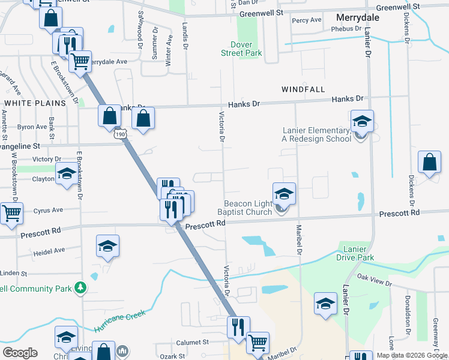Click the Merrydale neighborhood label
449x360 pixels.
(358, 17)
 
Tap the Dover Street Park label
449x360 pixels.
(247, 49)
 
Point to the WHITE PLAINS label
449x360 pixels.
(35, 103)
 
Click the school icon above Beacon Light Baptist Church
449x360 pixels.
(285, 194)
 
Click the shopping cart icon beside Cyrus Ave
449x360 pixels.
(11, 213)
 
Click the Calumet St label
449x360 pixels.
(192, 342)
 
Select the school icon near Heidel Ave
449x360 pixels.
(107, 246)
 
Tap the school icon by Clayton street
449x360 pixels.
(66, 175)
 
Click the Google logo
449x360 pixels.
(20, 353)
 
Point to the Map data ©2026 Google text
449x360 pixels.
(412, 355)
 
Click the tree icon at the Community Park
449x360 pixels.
(79, 289)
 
